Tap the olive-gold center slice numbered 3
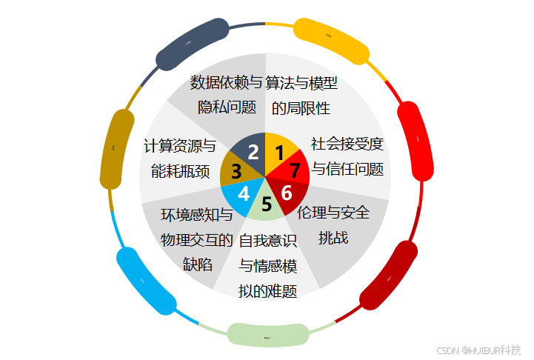(236, 172)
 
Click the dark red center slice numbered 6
(288, 193)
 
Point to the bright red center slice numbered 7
(294, 170)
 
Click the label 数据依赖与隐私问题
(227, 94)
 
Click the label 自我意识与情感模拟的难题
(267, 265)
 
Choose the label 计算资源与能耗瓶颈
(180, 158)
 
